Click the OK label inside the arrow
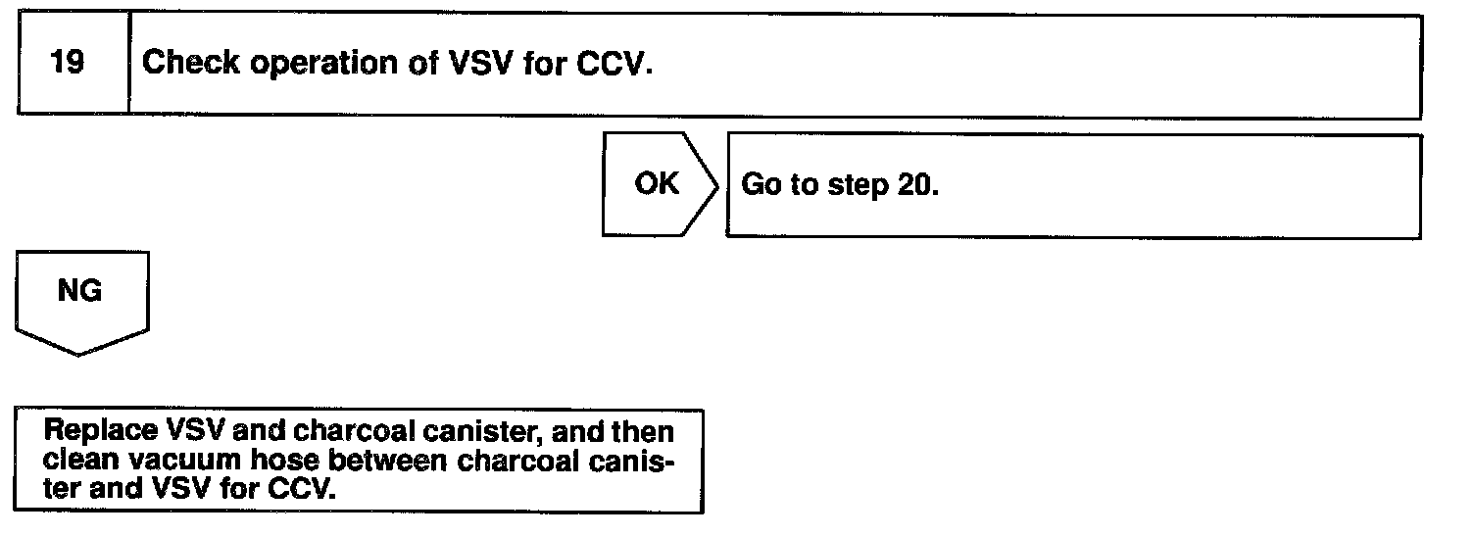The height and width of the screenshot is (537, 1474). point(656,184)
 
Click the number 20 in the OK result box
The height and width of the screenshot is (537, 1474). point(915,185)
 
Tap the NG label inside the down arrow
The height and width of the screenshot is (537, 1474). point(80,291)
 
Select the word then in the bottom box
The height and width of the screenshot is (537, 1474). point(646,431)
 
